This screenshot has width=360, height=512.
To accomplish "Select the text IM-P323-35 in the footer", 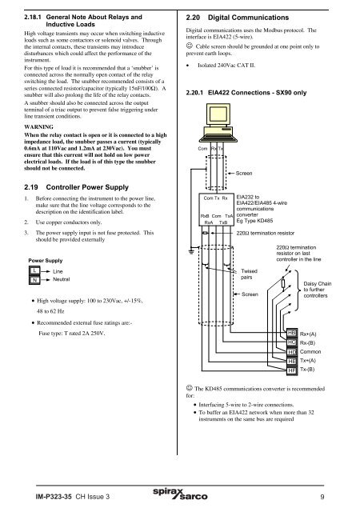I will click(x=51, y=497).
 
